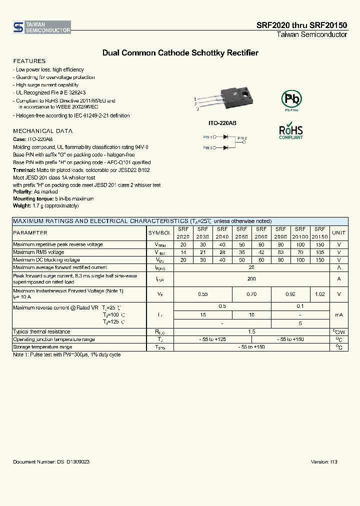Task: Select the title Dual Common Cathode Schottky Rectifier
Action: click(180, 52)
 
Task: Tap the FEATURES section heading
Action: click(29, 61)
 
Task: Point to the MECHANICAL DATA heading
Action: click(42, 131)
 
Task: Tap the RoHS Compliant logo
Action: click(291, 130)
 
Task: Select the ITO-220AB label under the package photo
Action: click(222, 122)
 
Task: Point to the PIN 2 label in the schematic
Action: click(242, 138)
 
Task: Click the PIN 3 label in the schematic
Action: click(208, 147)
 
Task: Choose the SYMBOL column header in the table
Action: click(159, 233)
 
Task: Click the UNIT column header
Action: click(338, 233)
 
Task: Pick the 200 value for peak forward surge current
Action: click(251, 279)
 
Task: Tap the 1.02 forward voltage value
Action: click(319, 294)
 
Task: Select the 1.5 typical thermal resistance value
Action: click(251, 332)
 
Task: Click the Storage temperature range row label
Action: click(42, 347)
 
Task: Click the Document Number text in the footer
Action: click(51, 462)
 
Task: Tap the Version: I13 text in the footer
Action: click(324, 462)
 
